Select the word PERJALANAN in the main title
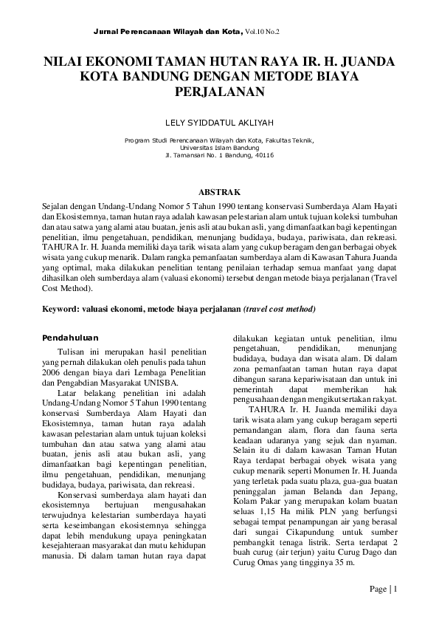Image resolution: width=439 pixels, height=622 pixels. [x=219, y=92]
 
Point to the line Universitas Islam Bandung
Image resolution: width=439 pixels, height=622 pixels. [x=219, y=147]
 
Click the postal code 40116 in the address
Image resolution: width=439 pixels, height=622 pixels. [x=263, y=155]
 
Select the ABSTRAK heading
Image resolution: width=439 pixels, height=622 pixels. [x=219, y=191]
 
